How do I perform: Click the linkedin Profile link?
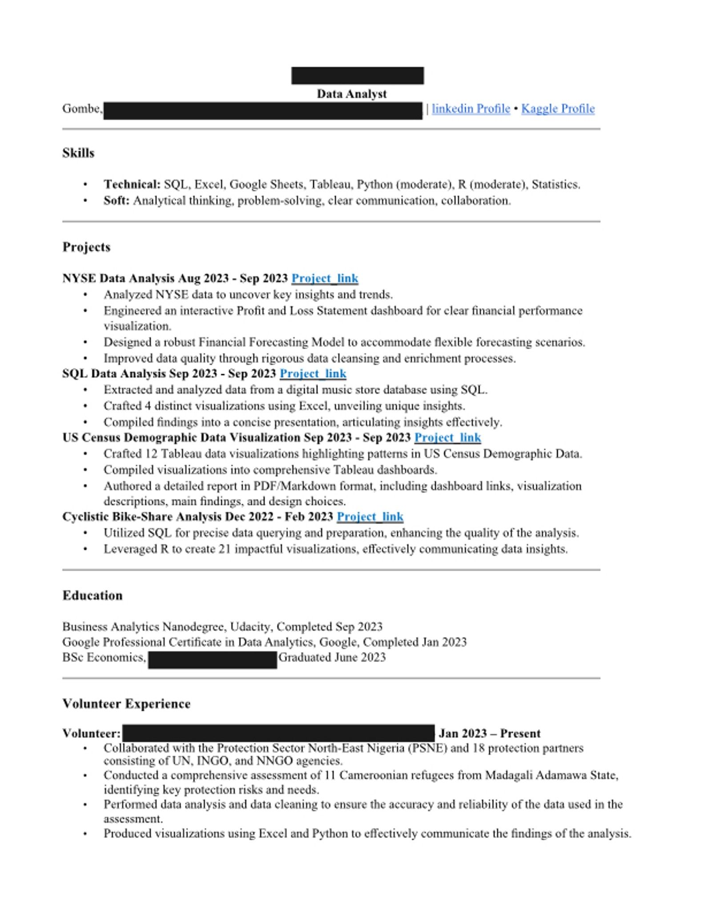[x=471, y=109]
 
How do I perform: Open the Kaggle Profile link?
[x=558, y=109]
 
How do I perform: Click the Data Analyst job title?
[x=351, y=94]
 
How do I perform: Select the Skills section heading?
[x=78, y=153]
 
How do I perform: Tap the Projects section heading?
[x=86, y=247]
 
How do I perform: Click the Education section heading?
[x=92, y=595]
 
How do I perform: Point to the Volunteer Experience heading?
[x=126, y=703]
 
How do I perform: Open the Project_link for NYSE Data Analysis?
[x=325, y=278]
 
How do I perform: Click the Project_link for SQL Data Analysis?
[x=313, y=374]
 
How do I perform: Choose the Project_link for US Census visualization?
[x=447, y=438]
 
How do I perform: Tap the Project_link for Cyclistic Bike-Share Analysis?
[x=370, y=517]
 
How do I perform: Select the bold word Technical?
[x=132, y=184]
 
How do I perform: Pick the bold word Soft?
[x=117, y=201]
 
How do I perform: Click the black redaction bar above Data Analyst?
[x=357, y=76]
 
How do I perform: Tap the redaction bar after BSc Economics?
[x=212, y=660]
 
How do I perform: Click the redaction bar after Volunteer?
[x=278, y=733]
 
